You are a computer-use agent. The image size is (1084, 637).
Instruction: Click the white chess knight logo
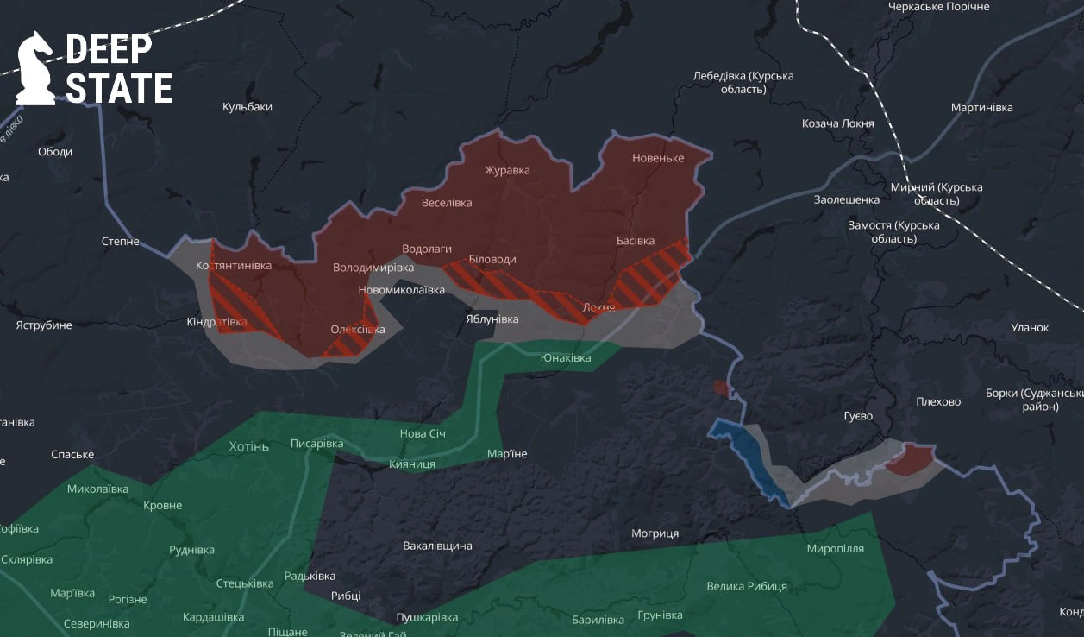(36, 68)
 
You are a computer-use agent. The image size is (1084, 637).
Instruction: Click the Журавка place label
(507, 170)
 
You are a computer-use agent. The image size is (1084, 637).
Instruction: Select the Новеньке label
(658, 158)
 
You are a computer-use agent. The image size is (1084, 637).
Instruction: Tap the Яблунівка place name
(492, 319)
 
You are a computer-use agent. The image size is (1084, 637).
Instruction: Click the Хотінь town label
(249, 446)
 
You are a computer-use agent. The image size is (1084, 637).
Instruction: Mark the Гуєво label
(858, 416)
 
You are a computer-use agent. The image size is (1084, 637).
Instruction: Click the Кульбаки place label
(248, 107)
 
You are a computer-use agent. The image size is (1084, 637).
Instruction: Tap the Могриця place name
(655, 533)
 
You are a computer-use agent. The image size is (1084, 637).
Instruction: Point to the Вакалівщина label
(437, 546)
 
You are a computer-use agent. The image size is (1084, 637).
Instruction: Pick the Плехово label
(938, 401)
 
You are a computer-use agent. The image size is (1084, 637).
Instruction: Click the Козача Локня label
(837, 123)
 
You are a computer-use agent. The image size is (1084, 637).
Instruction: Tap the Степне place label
(120, 242)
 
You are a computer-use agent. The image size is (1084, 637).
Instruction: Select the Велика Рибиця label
(746, 586)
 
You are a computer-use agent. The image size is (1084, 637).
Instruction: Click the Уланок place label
(1030, 328)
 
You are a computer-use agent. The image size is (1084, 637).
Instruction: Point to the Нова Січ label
(423, 432)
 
